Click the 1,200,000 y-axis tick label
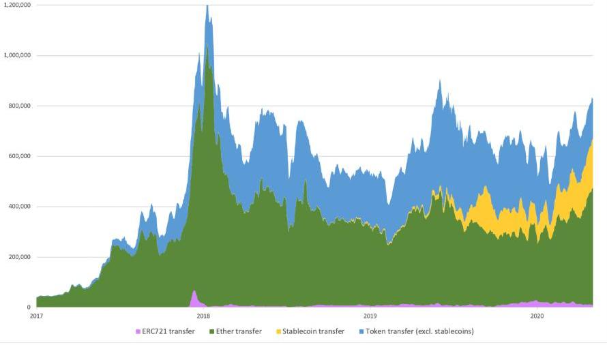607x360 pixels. click(x=16, y=5)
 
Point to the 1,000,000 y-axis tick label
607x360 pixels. click(x=16, y=55)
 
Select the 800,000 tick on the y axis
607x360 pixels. click(x=18, y=106)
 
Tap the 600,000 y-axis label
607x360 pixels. click(x=18, y=156)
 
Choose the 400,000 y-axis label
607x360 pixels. click(x=18, y=207)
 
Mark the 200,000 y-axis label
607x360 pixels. click(x=18, y=257)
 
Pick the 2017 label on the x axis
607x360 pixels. click(x=36, y=316)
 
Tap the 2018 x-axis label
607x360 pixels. click(x=203, y=316)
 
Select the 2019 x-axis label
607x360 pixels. click(x=370, y=316)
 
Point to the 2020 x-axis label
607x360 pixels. click(x=537, y=316)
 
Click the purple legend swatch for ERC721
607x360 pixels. click(x=138, y=331)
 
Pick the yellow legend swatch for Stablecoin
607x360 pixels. click(x=278, y=331)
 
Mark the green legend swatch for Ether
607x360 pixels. click(x=212, y=331)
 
